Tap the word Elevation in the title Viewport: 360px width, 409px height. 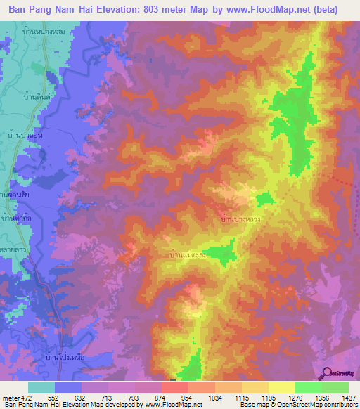point(122,10)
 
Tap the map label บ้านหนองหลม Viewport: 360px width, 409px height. point(54,30)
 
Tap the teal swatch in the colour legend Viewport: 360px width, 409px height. point(41,387)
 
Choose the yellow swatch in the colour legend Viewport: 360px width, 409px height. point(281,387)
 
